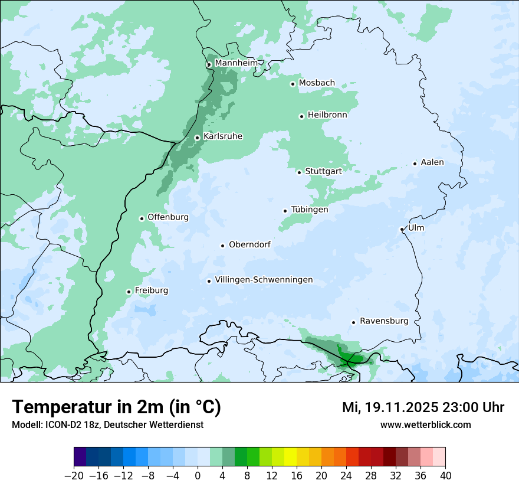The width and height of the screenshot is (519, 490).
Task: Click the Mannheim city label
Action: (x=236, y=63)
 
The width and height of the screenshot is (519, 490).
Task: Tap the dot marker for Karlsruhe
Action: (x=198, y=138)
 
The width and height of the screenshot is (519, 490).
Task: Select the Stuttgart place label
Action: (x=323, y=171)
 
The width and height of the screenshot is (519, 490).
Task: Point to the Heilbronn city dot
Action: (x=301, y=116)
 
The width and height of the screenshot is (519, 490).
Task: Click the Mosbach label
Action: (x=317, y=83)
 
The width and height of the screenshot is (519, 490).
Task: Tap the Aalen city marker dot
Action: (x=415, y=164)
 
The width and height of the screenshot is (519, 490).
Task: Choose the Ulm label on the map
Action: (x=416, y=228)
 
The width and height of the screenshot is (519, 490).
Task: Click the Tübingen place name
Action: (x=310, y=210)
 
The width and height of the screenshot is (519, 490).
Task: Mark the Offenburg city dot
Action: (x=142, y=218)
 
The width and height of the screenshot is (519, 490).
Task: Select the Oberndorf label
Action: (x=249, y=244)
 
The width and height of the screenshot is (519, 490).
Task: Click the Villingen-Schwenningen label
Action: (x=264, y=280)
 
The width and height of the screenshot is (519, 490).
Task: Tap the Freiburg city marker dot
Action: (x=129, y=292)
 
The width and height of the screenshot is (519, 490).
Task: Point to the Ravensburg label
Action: (x=384, y=321)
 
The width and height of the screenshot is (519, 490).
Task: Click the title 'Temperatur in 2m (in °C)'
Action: (x=116, y=407)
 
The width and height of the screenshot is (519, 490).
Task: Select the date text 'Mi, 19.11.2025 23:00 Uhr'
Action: (x=423, y=407)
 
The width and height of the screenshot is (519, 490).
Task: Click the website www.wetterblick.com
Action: (x=425, y=424)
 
